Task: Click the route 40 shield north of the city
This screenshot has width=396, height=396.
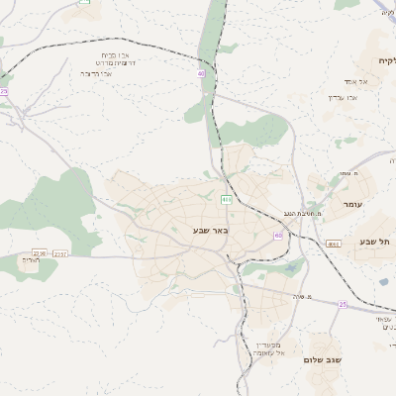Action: click(201, 73)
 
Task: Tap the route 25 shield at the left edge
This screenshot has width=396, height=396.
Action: click(4, 91)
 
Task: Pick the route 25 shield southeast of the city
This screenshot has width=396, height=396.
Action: click(343, 304)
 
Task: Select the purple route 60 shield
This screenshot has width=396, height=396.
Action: click(278, 236)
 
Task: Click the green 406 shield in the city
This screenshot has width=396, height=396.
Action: click(227, 199)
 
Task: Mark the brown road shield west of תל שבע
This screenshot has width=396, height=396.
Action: click(334, 243)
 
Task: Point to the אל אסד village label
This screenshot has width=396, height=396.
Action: click(356, 82)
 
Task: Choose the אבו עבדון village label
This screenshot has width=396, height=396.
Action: click(342, 97)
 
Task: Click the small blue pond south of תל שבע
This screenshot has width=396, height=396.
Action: click(383, 281)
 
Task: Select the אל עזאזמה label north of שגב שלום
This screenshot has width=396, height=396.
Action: click(268, 352)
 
